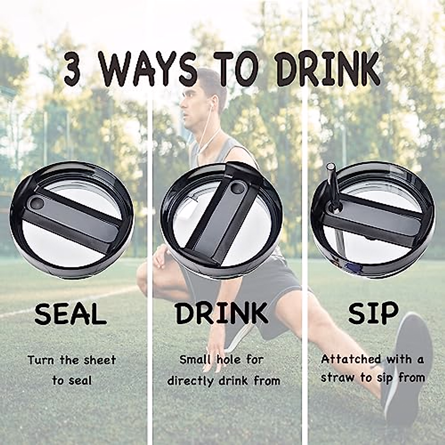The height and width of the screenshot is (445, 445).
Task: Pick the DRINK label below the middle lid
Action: point(222,313)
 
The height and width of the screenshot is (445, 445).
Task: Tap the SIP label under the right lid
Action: point(373,313)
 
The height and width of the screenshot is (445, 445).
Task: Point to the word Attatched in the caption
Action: point(351,359)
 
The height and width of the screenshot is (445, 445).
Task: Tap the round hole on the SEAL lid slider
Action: point(37,203)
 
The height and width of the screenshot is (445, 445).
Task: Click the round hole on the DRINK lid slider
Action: point(235,188)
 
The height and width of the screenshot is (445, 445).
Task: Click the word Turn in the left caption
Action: point(39,360)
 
